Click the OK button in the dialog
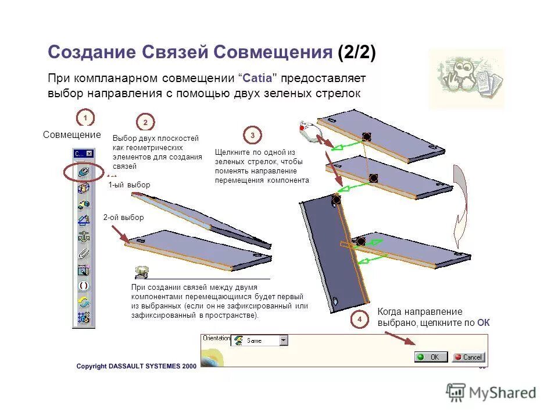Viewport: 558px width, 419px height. (431, 357)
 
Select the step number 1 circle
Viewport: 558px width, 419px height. (85, 118)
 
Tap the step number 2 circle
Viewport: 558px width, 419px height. (145, 122)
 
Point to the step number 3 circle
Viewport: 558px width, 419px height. (252, 136)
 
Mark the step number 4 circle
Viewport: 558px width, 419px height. (359, 319)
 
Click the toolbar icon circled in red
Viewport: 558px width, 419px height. (84, 172)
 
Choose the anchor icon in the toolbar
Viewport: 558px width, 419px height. (84, 236)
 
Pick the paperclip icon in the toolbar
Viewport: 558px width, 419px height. (84, 253)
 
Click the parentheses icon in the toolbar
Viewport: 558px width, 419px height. (84, 286)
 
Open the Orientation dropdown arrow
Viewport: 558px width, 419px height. (283, 340)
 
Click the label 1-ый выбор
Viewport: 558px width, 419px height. (129, 185)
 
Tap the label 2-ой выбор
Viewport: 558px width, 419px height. (123, 218)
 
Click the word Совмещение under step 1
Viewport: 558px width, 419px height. (72, 135)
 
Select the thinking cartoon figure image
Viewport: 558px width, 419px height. (466, 79)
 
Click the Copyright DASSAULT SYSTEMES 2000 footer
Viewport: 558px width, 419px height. (137, 366)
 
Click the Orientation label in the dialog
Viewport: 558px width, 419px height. (216, 338)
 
